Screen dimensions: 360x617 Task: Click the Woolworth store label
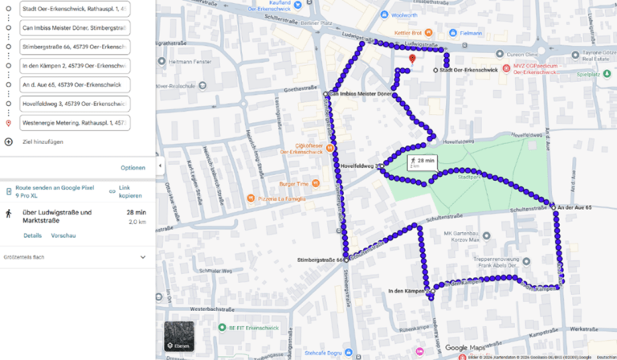[x=404, y=14]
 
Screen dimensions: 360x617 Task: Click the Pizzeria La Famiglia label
[x=282, y=197]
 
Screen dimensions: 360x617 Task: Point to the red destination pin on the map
[x=412, y=59]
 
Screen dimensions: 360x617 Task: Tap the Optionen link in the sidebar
[x=133, y=168]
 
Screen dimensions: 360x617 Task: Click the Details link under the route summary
[x=32, y=235]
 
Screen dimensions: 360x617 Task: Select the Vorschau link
[x=63, y=235]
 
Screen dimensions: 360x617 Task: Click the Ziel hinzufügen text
[x=43, y=141]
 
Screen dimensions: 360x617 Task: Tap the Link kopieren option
[x=130, y=191]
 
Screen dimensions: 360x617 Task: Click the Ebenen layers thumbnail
[x=179, y=336]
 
